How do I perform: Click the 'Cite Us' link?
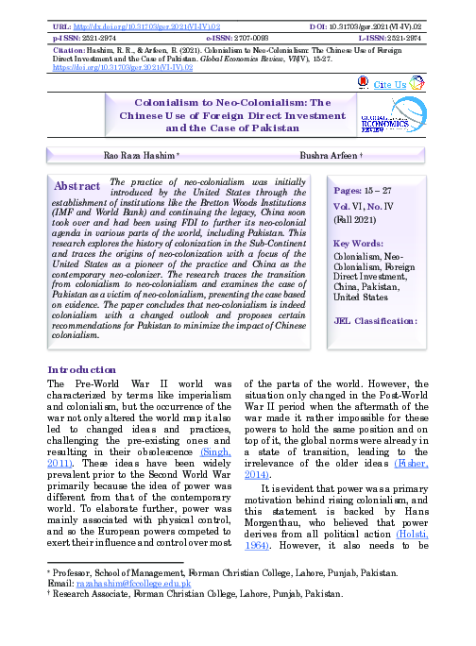pyautogui.click(x=390, y=85)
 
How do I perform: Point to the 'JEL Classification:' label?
pyautogui.click(x=376, y=321)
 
